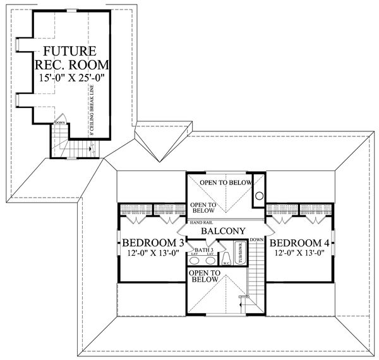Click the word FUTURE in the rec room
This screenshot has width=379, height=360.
pyautogui.click(x=69, y=51)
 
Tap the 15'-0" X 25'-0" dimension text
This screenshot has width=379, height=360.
pyautogui.click(x=69, y=78)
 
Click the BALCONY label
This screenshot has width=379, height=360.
pyautogui.click(x=219, y=232)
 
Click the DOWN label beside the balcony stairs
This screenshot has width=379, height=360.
pyautogui.click(x=256, y=240)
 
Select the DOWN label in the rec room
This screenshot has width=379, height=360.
pyautogui.click(x=60, y=123)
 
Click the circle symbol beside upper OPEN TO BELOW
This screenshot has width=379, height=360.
pyautogui.click(x=257, y=196)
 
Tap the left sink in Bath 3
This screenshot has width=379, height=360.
pyautogui.click(x=199, y=261)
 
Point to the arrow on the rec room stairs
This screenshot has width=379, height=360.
pyautogui.click(x=92, y=149)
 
